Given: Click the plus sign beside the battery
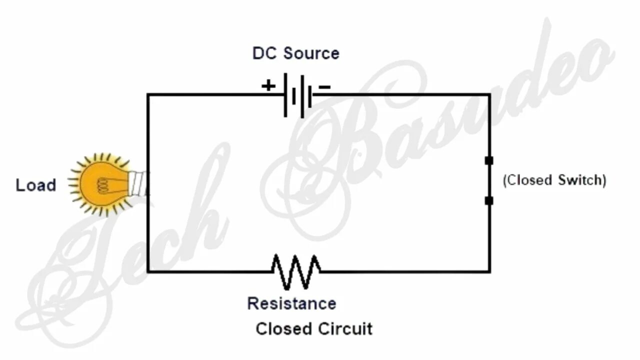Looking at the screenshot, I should click(x=268, y=86).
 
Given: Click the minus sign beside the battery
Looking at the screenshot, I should click(x=324, y=87).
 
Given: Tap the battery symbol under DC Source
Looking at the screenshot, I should click(x=298, y=95).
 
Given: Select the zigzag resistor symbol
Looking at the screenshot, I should click(x=296, y=271).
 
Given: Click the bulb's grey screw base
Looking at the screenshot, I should click(x=138, y=184).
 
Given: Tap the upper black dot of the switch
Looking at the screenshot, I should click(x=489, y=160).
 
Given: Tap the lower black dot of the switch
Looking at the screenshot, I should click(x=489, y=200).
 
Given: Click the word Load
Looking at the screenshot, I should click(x=35, y=185).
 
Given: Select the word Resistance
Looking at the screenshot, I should click(x=291, y=303).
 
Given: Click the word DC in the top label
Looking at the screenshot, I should click(x=264, y=53).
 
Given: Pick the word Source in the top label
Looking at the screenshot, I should click(x=311, y=53).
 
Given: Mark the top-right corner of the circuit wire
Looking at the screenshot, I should click(x=489, y=94).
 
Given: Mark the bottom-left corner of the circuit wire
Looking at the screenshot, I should click(x=148, y=271).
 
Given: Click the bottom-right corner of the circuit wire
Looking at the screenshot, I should click(x=489, y=271).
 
